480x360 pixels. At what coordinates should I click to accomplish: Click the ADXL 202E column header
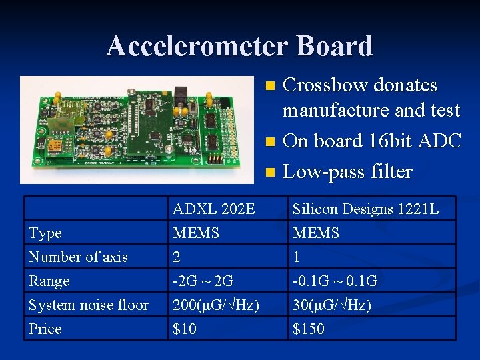[213, 209]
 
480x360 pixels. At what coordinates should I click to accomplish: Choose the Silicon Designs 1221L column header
[366, 209]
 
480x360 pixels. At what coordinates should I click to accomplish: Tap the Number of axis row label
[78, 257]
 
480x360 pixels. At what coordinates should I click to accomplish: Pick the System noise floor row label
[88, 305]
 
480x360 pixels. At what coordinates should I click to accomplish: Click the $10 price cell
[185, 329]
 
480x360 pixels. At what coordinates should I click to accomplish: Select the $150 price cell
[309, 329]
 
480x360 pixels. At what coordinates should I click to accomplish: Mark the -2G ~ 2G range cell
[203, 281]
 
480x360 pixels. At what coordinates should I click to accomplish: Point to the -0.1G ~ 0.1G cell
[335, 281]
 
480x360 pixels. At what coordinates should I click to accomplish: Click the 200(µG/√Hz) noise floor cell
[216, 305]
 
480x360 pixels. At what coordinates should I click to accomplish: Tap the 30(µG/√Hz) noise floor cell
[331, 305]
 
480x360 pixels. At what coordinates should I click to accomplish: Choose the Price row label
[45, 329]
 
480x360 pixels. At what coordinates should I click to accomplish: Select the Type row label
[45, 233]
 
